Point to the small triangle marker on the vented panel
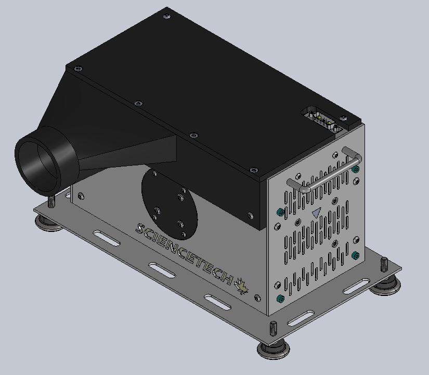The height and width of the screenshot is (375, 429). [316, 213]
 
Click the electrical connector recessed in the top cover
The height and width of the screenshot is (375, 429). [322, 120]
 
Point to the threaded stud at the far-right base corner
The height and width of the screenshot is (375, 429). [384, 264]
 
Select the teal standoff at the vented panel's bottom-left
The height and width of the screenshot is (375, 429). [281, 299]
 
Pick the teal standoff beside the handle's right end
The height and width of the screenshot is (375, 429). [356, 170]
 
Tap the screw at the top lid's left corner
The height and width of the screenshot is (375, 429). [77, 69]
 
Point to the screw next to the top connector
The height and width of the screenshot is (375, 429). [344, 118]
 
